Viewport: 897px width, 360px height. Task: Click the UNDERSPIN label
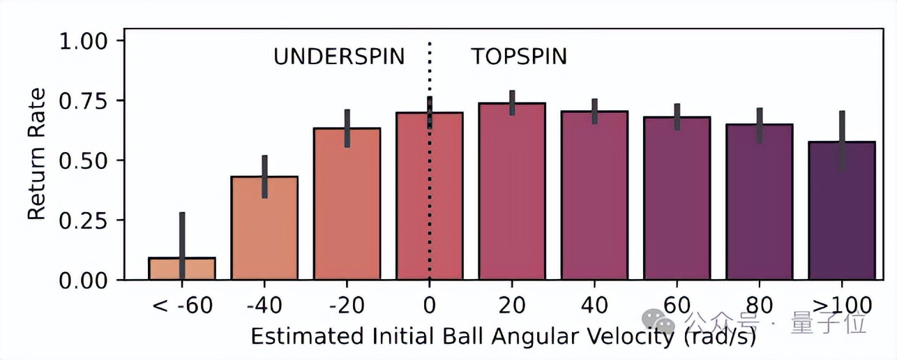[339, 57]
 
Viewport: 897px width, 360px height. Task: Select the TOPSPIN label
[518, 57]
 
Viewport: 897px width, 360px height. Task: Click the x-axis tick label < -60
[182, 305]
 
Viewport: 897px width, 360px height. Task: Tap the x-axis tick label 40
[594, 305]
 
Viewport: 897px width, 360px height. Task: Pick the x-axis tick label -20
[347, 305]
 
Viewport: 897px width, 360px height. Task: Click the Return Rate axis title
[37, 154]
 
